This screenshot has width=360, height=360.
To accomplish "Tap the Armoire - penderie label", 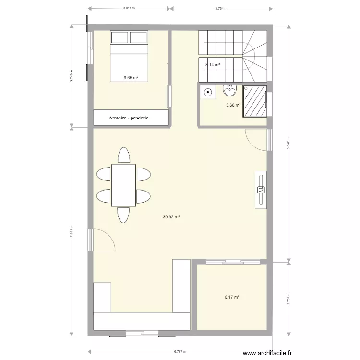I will (129, 118).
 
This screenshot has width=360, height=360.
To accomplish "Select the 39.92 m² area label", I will (171, 217).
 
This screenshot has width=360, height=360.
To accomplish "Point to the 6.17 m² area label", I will (231, 298).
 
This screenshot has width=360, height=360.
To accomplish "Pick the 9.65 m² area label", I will (131, 77).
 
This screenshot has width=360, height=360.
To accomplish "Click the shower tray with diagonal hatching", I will (254, 101).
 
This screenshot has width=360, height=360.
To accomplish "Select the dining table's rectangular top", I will (123, 185).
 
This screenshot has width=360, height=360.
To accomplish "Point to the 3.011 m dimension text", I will (129, 8).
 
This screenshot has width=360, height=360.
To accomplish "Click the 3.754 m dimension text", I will (221, 8).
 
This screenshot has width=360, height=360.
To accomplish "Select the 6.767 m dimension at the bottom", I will (180, 351).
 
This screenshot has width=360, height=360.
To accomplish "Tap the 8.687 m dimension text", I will (289, 144).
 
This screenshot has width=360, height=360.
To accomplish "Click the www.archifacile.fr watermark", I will (268, 353).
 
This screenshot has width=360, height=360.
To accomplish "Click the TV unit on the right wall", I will (261, 190).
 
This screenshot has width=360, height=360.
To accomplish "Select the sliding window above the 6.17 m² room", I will (233, 262).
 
